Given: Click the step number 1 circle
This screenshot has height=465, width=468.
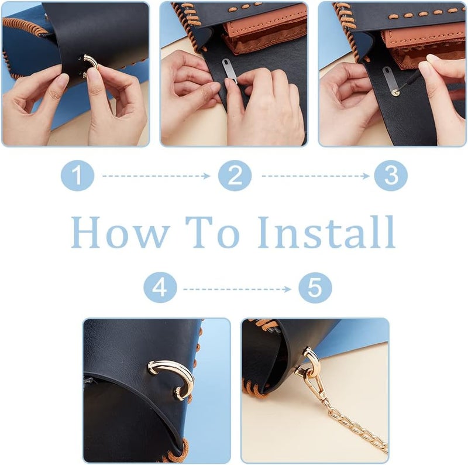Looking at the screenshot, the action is [77, 176].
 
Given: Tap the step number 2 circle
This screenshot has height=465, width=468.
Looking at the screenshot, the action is [235, 176].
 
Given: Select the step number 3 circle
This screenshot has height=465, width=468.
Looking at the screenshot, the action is [391, 176].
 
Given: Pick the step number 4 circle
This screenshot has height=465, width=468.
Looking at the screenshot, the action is [160, 288].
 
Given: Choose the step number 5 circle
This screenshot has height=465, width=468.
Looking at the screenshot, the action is [315, 288].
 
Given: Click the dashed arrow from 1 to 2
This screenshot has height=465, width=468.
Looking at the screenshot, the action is [156, 176].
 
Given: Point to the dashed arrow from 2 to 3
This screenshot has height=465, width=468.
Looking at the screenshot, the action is [315, 176].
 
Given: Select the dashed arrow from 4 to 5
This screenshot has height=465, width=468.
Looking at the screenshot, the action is [238, 289].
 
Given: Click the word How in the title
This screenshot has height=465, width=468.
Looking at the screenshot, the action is [119, 232].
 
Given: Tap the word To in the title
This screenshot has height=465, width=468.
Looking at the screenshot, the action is [212, 232].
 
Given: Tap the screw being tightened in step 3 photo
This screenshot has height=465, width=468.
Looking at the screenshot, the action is [396, 94].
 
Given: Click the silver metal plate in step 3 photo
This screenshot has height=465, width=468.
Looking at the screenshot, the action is [389, 80].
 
